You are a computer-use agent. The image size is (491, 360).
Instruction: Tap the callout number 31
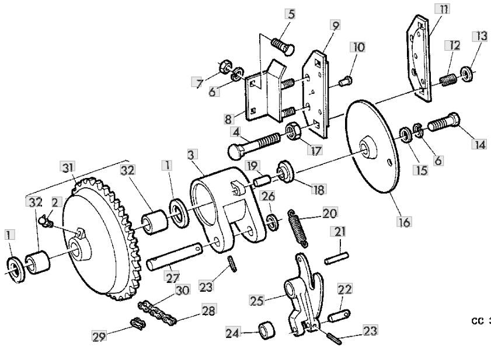tap(68, 168)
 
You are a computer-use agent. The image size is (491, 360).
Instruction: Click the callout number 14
tap(479, 144)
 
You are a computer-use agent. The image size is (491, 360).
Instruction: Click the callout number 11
tap(442, 9)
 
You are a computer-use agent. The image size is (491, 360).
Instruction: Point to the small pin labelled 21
tap(339, 256)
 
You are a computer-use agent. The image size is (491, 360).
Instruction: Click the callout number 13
tap(481, 36)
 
